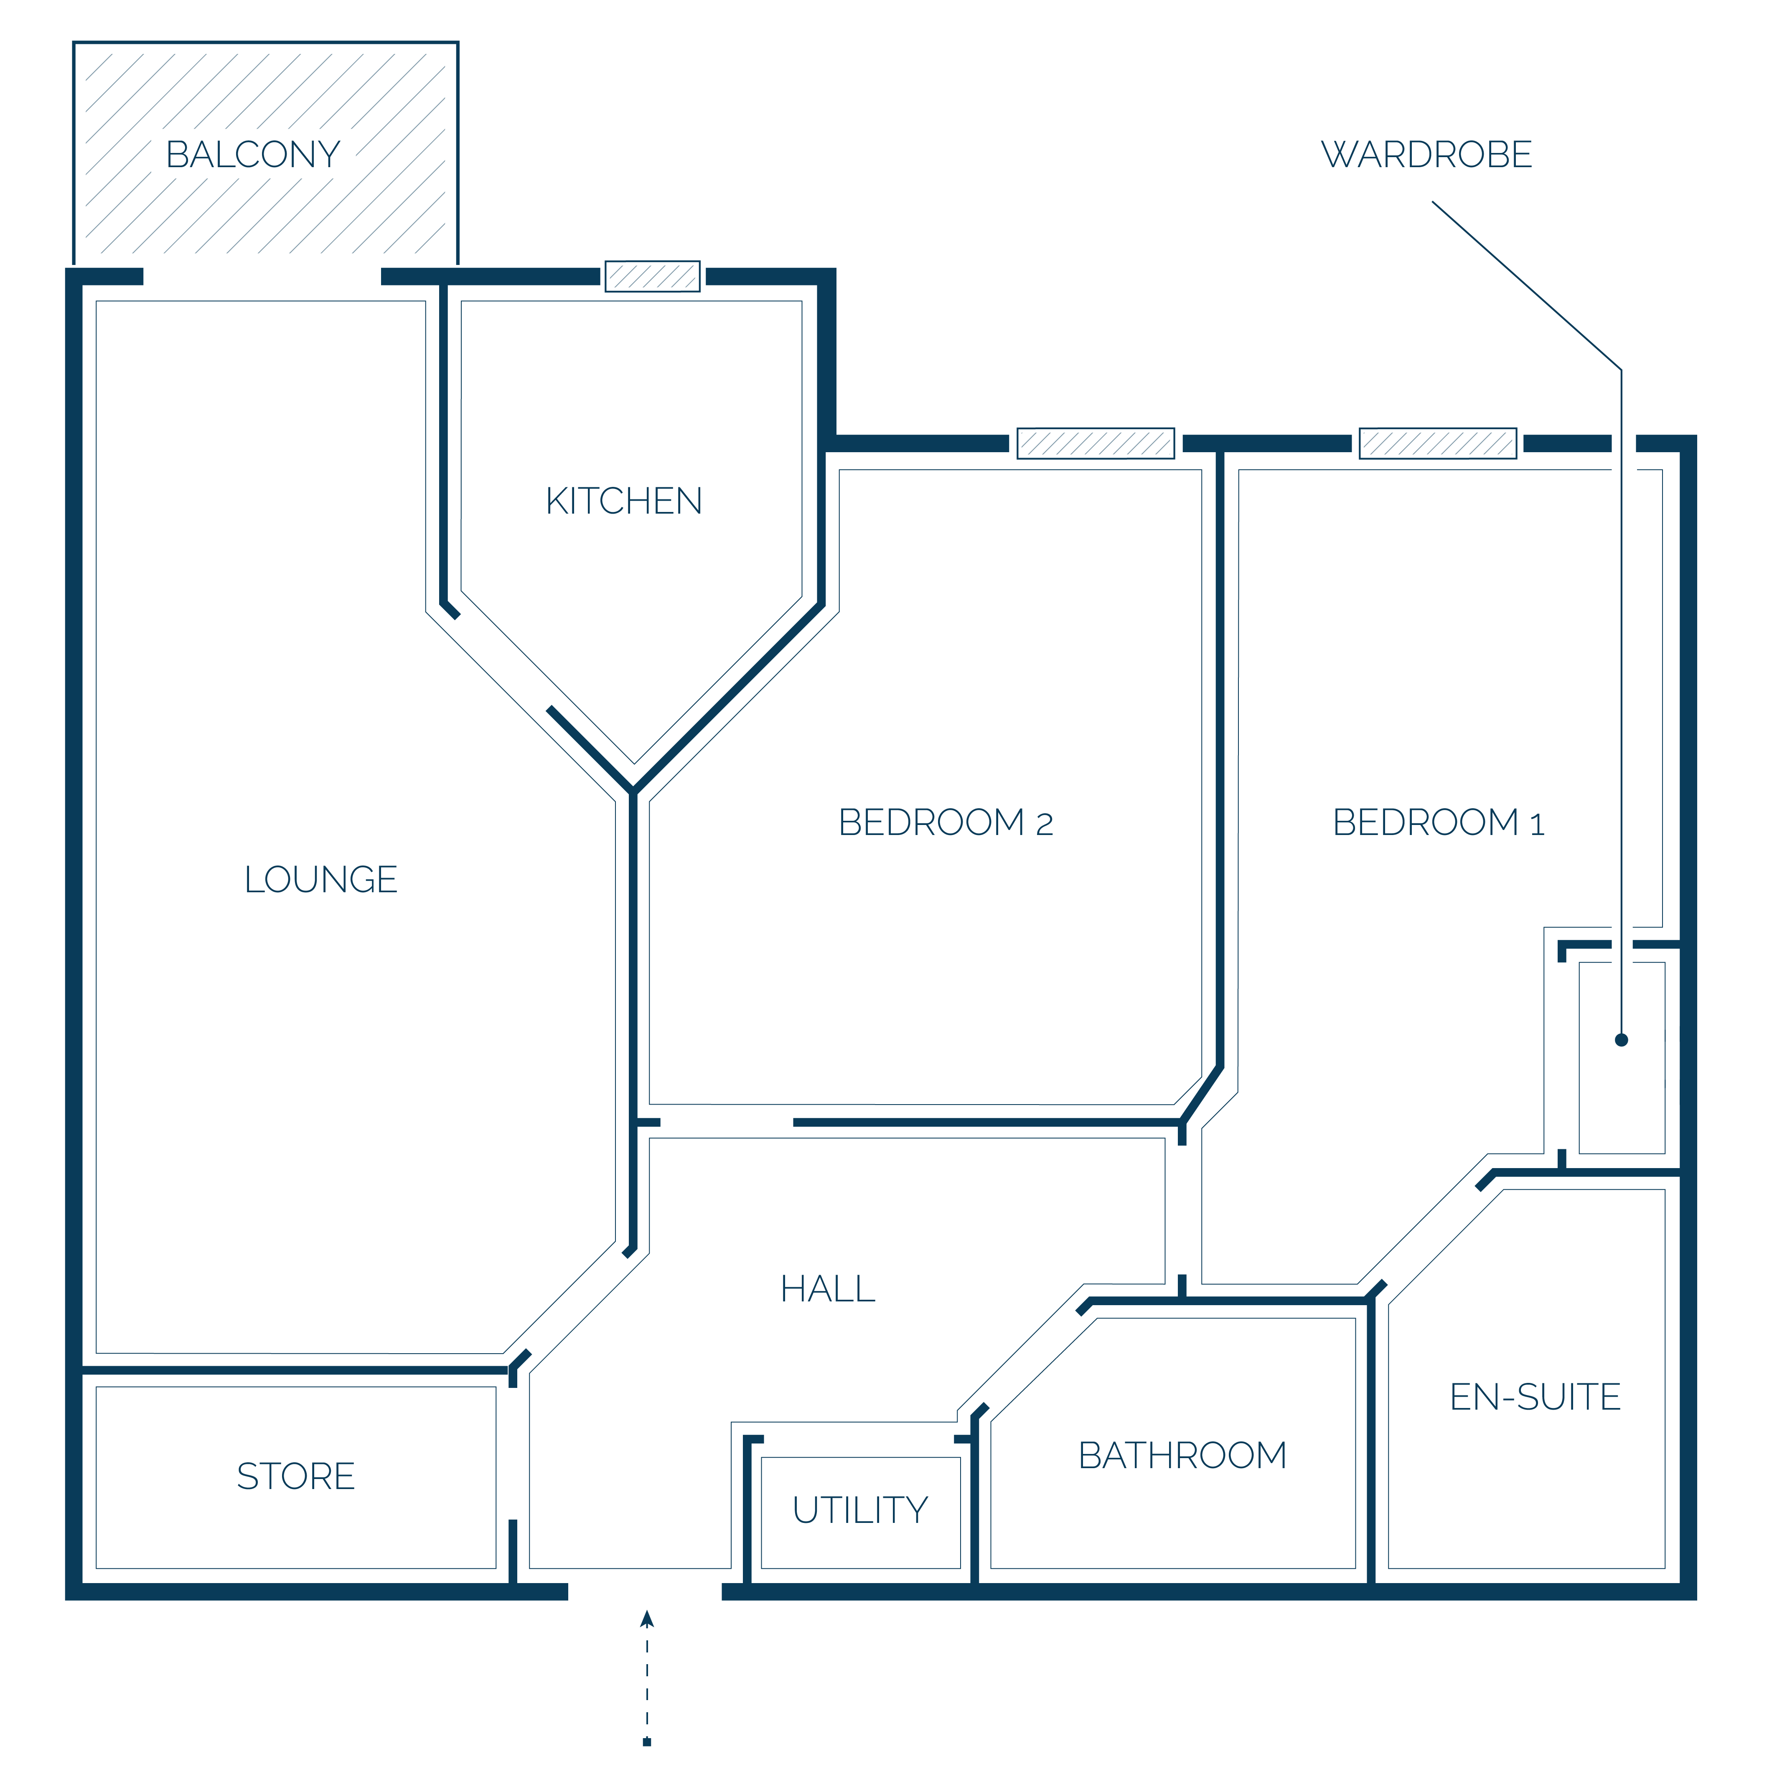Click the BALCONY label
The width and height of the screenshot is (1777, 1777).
[x=253, y=155]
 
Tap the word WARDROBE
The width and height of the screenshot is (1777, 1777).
[x=1426, y=155]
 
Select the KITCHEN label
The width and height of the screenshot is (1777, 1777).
[x=624, y=501]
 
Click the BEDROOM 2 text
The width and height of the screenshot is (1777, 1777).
[x=946, y=822]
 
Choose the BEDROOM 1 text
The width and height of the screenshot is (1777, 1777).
[x=1439, y=822]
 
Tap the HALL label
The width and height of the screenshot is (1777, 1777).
[x=828, y=1290]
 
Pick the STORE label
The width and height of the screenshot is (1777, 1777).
[x=295, y=1476]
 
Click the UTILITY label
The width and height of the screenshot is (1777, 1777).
[x=860, y=1510]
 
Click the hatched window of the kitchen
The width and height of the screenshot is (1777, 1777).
[x=652, y=276]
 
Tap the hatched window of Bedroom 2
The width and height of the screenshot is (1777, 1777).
[x=1096, y=443]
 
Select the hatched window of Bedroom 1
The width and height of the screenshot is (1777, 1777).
[x=1438, y=443]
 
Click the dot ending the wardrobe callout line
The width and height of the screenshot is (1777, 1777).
[x=1622, y=1040]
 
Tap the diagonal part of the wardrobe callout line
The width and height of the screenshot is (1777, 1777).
[x=1527, y=286]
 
